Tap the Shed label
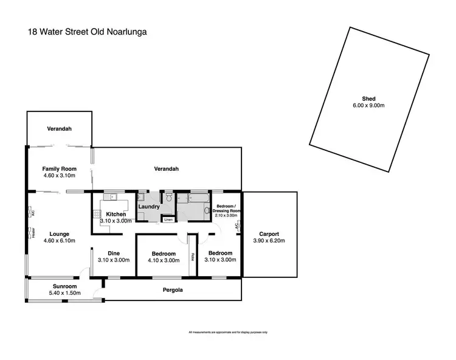click(x=368, y=99)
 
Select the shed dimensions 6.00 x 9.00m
click(x=368, y=105)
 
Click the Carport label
click(x=269, y=234)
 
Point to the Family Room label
click(x=59, y=169)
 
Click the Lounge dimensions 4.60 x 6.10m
click(x=59, y=240)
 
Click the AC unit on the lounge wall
click(x=29, y=212)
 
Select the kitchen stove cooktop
click(x=96, y=214)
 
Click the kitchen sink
click(x=112, y=196)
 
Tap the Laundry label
click(x=149, y=207)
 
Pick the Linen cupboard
click(x=168, y=219)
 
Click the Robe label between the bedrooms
click(x=192, y=257)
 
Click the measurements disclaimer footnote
click(x=228, y=332)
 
